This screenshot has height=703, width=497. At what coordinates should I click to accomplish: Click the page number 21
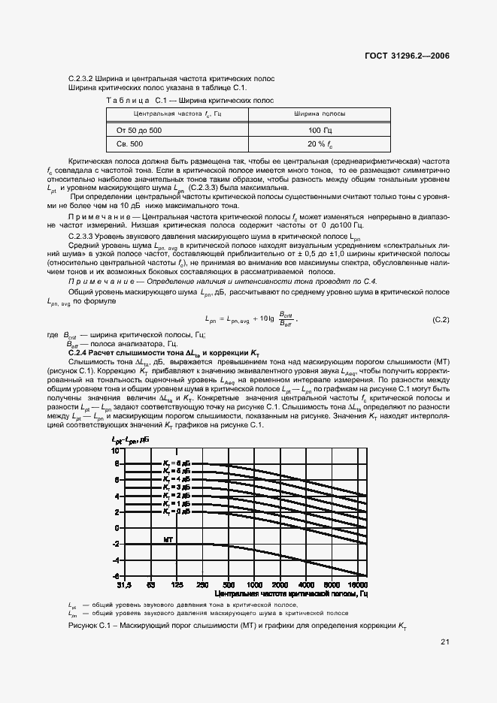(x=445, y=642)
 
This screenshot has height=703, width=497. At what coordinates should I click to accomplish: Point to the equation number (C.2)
(x=441, y=320)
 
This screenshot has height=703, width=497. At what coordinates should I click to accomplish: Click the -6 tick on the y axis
(x=116, y=575)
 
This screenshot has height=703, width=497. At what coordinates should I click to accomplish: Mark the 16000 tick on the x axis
(x=358, y=584)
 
